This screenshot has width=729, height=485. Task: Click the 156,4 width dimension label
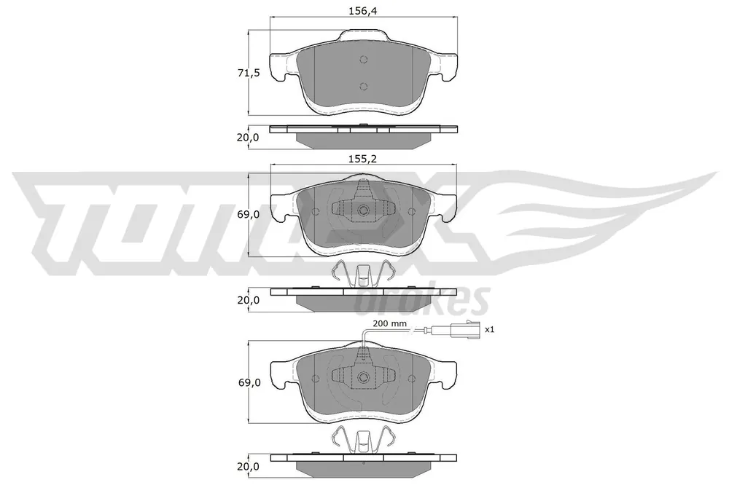click(x=362, y=11)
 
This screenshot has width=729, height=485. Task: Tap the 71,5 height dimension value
click(x=249, y=73)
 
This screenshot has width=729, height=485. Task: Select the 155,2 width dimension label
click(x=362, y=159)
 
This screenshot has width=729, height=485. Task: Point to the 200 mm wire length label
click(x=389, y=323)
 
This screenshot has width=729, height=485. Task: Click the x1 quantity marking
click(x=490, y=329)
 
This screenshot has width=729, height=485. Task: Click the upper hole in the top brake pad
click(x=364, y=60)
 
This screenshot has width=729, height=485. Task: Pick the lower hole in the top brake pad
click(x=364, y=86)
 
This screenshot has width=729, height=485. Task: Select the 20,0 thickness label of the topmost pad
click(x=249, y=138)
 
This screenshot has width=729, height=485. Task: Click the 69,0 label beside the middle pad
click(x=249, y=215)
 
